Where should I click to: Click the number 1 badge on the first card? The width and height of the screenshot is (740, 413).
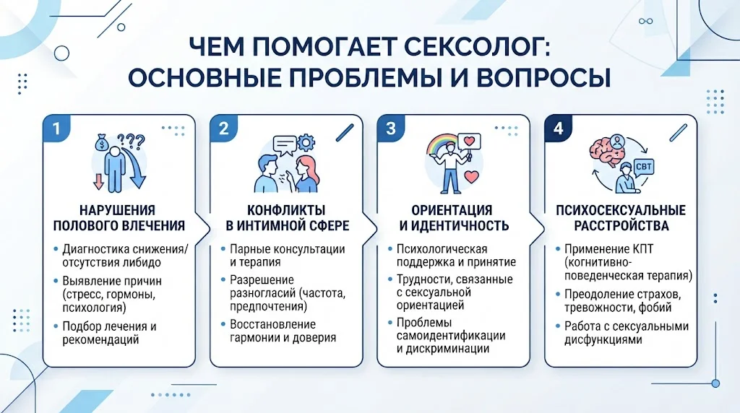(56, 129)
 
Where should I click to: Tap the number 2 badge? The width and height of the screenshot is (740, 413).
(224, 129)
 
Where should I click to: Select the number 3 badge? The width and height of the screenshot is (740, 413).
(391, 129)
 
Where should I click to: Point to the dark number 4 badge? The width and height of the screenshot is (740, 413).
(559, 129)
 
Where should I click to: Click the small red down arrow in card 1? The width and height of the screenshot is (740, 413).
(98, 181)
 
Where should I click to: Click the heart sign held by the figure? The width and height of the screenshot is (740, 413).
(469, 141)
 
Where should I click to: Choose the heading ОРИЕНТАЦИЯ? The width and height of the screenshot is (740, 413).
(452, 210)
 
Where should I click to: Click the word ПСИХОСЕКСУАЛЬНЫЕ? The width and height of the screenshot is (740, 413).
(621, 210)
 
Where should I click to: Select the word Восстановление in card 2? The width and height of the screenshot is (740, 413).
(272, 324)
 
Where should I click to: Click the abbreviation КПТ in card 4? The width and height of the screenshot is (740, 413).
(642, 249)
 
